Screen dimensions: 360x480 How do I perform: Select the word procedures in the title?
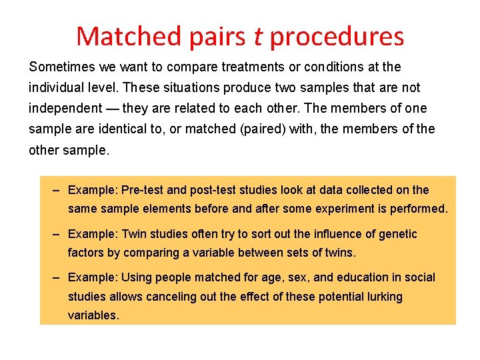click(x=337, y=37)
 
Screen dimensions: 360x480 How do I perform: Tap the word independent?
click(x=62, y=109)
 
